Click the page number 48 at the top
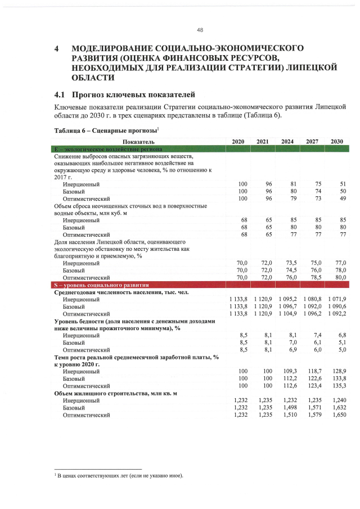point(200,30)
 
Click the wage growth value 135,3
point(339,386)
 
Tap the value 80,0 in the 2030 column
point(339,277)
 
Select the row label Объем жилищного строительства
point(115,394)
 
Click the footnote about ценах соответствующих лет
point(121,476)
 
